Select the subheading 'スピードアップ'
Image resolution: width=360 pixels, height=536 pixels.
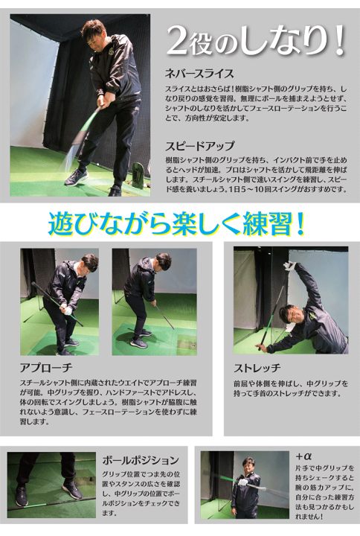click(x=199, y=146)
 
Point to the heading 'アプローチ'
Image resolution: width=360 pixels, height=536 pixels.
click(x=45, y=368)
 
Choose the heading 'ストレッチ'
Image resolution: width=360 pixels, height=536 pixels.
click(x=257, y=368)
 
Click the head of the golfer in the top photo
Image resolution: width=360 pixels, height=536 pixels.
click(x=92, y=32)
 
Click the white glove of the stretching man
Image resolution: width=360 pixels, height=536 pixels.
click(x=291, y=266)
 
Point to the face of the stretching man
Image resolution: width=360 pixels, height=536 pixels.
click(x=294, y=313)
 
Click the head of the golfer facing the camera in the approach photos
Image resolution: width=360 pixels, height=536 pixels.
click(x=89, y=263)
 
